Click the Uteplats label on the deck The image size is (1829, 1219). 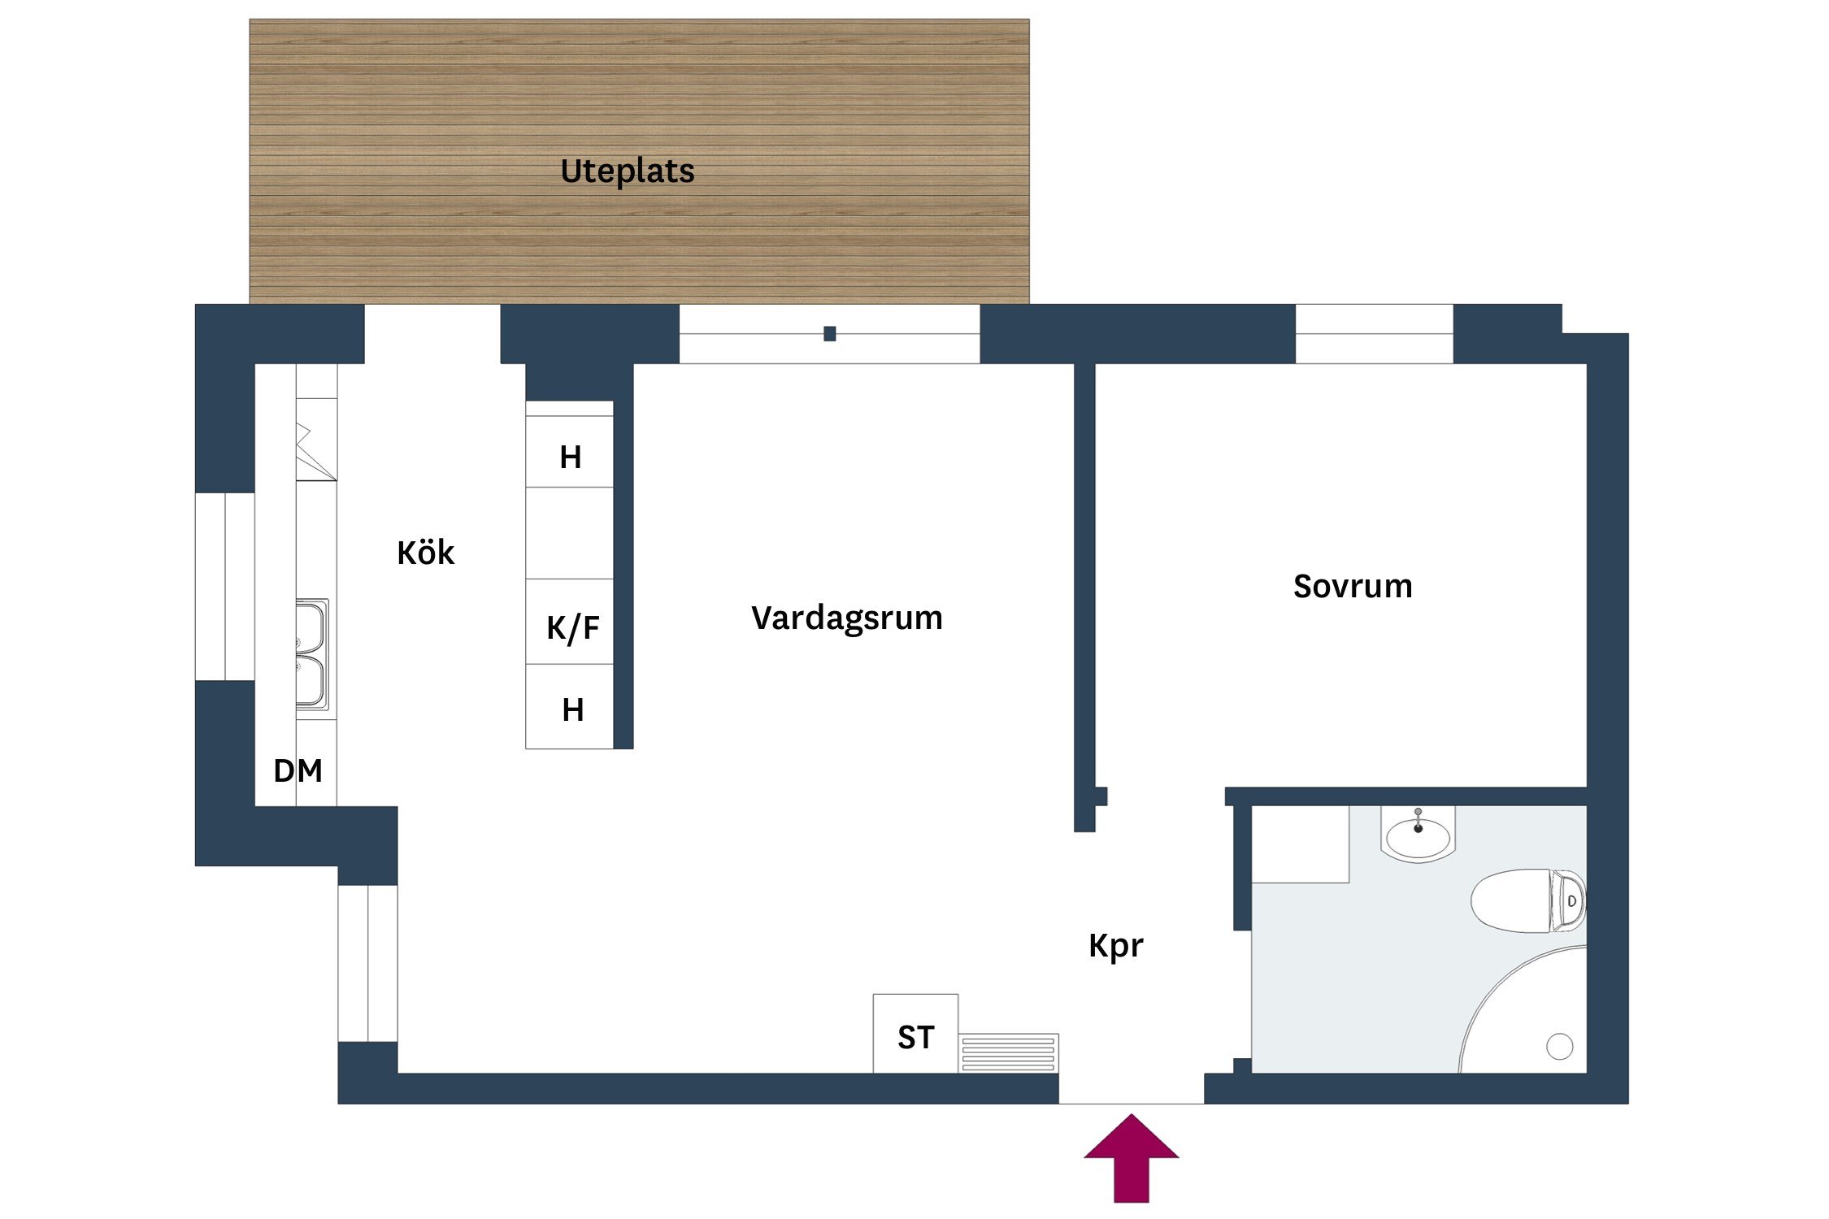(628, 171)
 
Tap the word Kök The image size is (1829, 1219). (425, 553)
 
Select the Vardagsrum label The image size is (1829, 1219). (846, 618)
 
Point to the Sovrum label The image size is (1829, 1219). (1353, 587)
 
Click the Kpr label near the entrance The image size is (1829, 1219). (1115, 946)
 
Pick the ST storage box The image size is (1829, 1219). (915, 1034)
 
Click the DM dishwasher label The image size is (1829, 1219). (298, 770)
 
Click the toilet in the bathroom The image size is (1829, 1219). (1527, 900)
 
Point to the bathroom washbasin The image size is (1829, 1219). (1418, 837)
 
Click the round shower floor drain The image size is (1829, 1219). (1559, 1046)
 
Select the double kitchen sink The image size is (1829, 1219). (311, 654)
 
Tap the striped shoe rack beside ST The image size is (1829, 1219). (1008, 1053)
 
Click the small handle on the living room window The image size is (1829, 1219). (829, 333)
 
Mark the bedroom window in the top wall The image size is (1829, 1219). (1374, 333)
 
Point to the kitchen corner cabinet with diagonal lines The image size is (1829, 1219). (315, 450)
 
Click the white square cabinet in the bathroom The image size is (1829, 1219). (1300, 844)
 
